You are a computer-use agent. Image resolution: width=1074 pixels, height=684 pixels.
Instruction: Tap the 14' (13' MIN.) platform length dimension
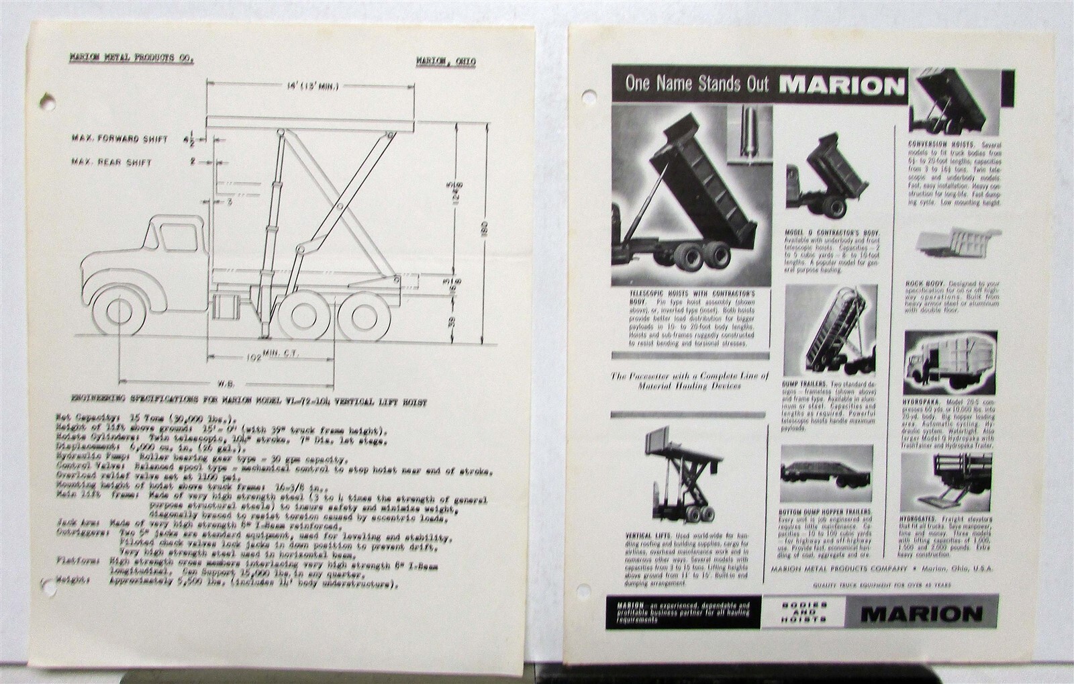point(310,86)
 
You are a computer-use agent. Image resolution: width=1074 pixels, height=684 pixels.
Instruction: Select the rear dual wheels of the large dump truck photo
point(701,256)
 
